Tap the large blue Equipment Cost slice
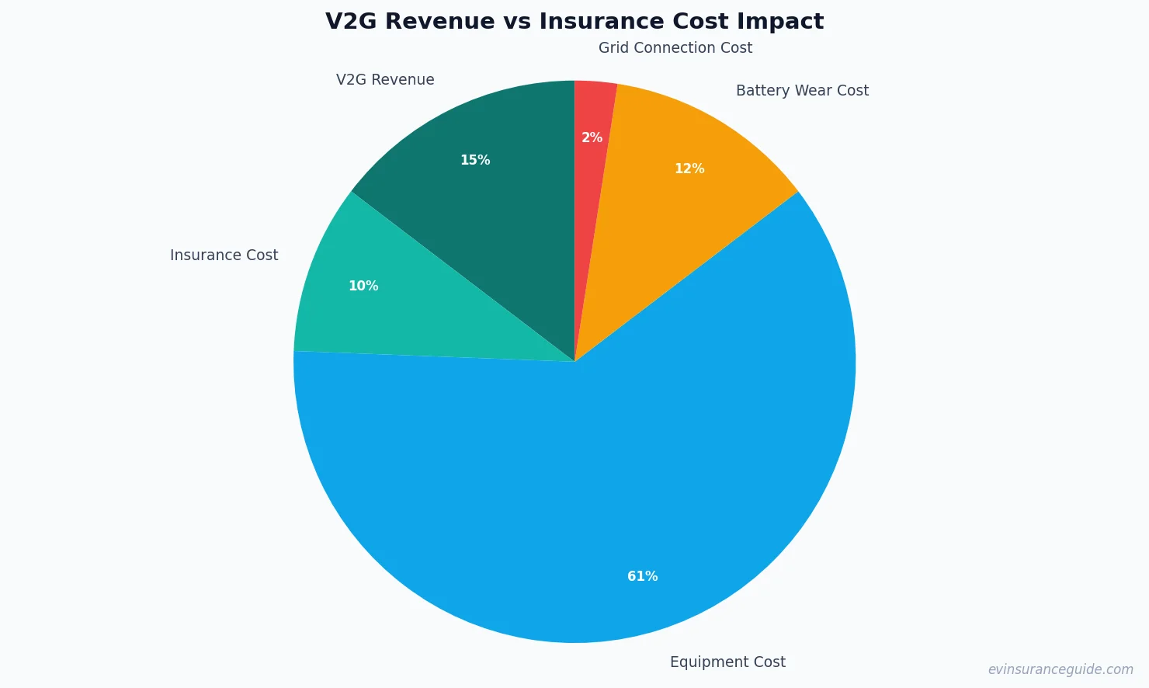pos(590,481)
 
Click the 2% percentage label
pos(592,137)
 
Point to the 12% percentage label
pos(689,169)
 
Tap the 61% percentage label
pos(642,576)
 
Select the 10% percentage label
pos(363,286)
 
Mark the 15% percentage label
pos(475,160)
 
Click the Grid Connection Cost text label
pos(675,48)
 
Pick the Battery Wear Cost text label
pos(802,91)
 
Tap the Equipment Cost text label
pos(727,662)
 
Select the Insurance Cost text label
pos(224,255)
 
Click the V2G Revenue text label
pos(385,80)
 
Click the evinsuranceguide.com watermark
pos(1060,669)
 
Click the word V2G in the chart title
pos(351,22)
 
